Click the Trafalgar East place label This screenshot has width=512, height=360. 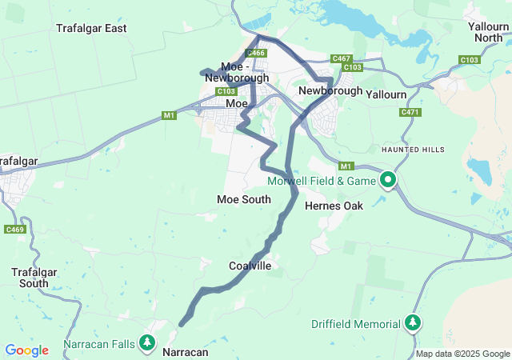click(x=91, y=28)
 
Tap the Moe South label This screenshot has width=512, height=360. click(x=243, y=199)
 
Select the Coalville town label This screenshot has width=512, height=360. click(x=250, y=266)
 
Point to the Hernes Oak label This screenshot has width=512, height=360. click(x=334, y=206)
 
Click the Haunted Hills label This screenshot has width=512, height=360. click(x=411, y=150)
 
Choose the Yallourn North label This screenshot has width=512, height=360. click(x=489, y=32)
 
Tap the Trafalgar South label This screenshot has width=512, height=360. click(x=34, y=278)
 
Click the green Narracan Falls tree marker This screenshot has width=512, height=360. click(x=147, y=343)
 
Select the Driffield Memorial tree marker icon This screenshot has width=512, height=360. click(x=413, y=322)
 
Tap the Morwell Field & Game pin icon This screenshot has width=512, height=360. click(x=388, y=180)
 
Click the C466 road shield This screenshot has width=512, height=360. click(x=256, y=53)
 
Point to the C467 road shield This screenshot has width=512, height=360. click(x=342, y=58)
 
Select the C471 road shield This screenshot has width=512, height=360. click(x=410, y=113)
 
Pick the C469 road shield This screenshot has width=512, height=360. click(x=14, y=230)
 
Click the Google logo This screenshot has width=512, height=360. click(x=26, y=350)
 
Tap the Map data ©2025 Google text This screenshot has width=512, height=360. click(x=462, y=354)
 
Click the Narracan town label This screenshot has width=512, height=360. click(x=185, y=352)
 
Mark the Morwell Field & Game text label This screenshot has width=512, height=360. click(x=322, y=181)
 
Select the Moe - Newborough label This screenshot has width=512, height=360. click(x=237, y=72)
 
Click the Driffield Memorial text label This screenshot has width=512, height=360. click(x=355, y=324)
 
